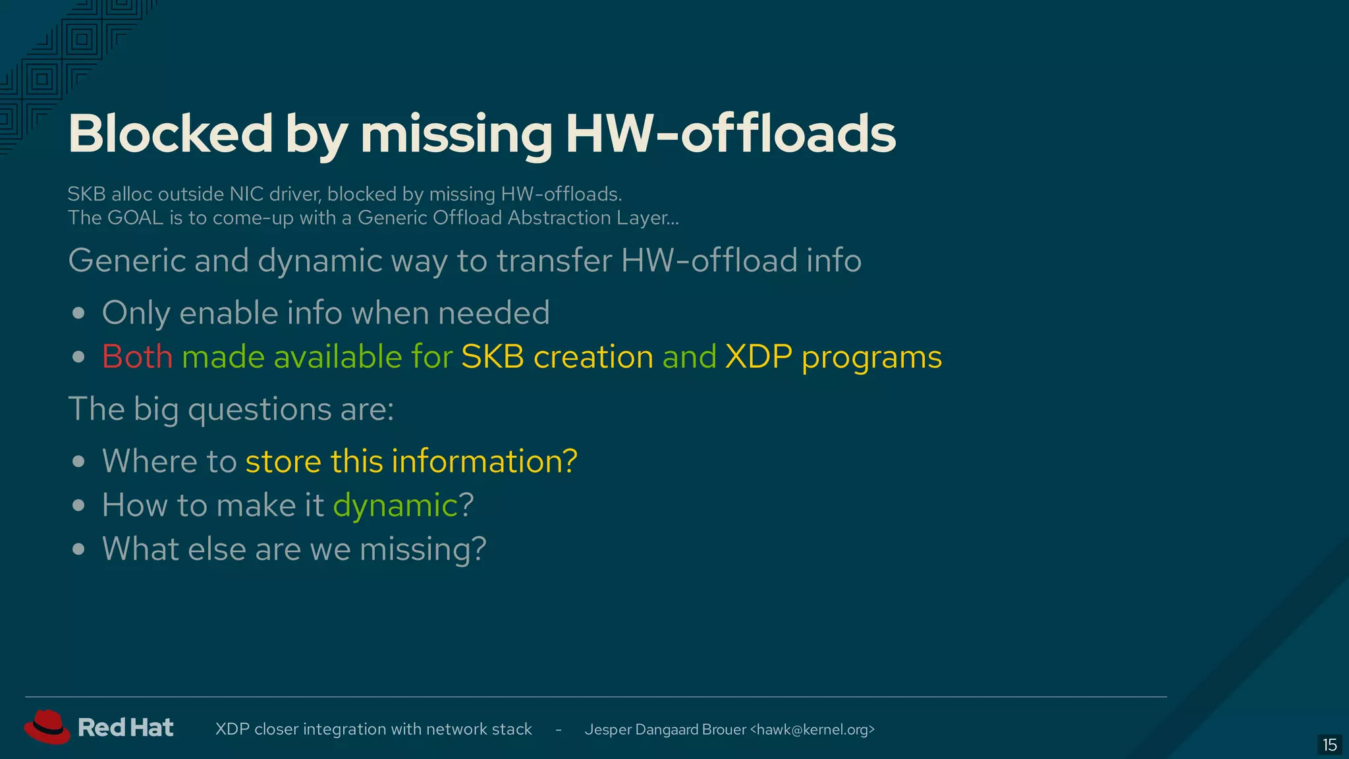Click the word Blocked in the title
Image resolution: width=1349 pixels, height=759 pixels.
(170, 134)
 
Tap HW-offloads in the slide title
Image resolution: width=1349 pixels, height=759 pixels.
(730, 134)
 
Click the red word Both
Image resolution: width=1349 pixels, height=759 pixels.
(137, 357)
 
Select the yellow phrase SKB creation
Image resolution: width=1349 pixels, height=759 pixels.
(557, 357)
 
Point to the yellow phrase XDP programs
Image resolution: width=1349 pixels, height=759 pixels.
(833, 357)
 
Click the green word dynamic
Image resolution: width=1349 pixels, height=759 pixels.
(395, 505)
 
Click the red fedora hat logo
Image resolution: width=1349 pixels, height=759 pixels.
(47, 727)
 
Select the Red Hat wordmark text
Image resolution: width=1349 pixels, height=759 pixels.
(125, 728)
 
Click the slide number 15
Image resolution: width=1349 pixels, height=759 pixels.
(1329, 745)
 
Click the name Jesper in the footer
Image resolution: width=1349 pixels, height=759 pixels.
(607, 729)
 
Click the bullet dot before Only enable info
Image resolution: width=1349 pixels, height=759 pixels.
(79, 313)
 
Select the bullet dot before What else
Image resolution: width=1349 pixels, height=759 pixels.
(79, 549)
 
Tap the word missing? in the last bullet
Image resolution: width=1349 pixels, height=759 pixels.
(422, 549)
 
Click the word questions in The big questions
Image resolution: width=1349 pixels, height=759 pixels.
(260, 410)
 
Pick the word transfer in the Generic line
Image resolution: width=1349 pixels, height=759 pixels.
(554, 261)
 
